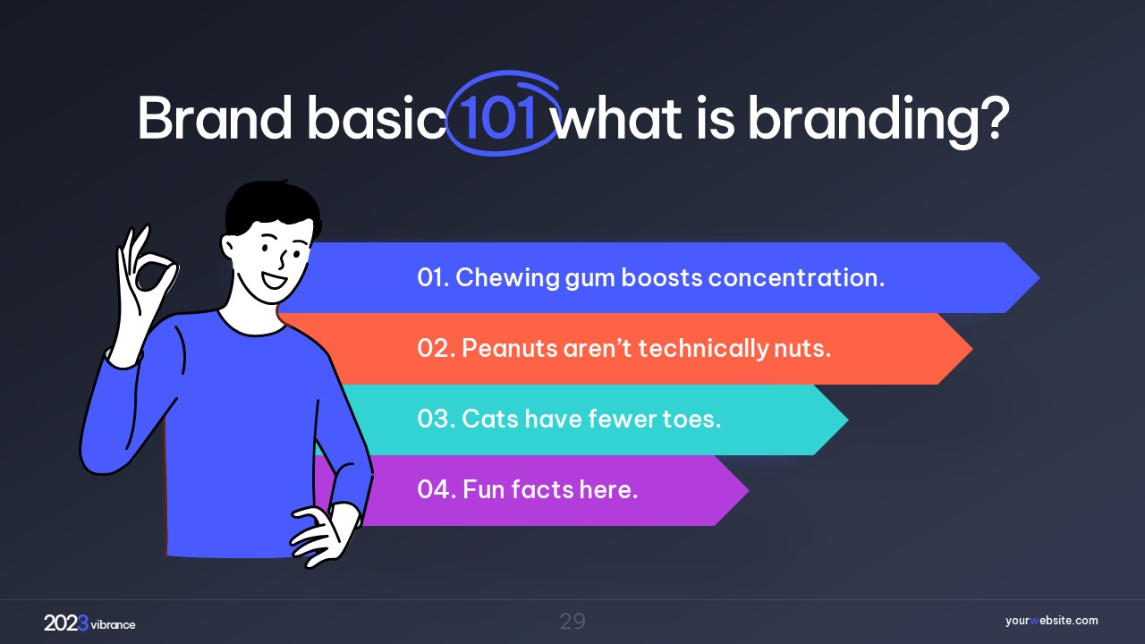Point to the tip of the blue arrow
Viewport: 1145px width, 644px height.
(x=1039, y=277)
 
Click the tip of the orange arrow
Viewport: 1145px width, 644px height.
(x=972, y=349)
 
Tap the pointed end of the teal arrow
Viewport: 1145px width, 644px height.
(x=848, y=419)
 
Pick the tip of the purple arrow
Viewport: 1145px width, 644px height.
(x=749, y=490)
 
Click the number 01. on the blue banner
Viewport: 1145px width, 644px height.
(x=433, y=277)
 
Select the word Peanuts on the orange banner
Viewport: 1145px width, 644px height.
(x=509, y=349)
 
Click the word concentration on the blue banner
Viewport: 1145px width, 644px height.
(x=796, y=277)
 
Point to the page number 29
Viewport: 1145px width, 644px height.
(x=572, y=622)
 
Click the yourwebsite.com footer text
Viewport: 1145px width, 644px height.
(x=1051, y=621)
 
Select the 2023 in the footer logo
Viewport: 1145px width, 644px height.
(x=66, y=623)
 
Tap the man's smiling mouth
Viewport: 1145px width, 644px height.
(x=275, y=280)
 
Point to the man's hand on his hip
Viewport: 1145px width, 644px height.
(x=323, y=535)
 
